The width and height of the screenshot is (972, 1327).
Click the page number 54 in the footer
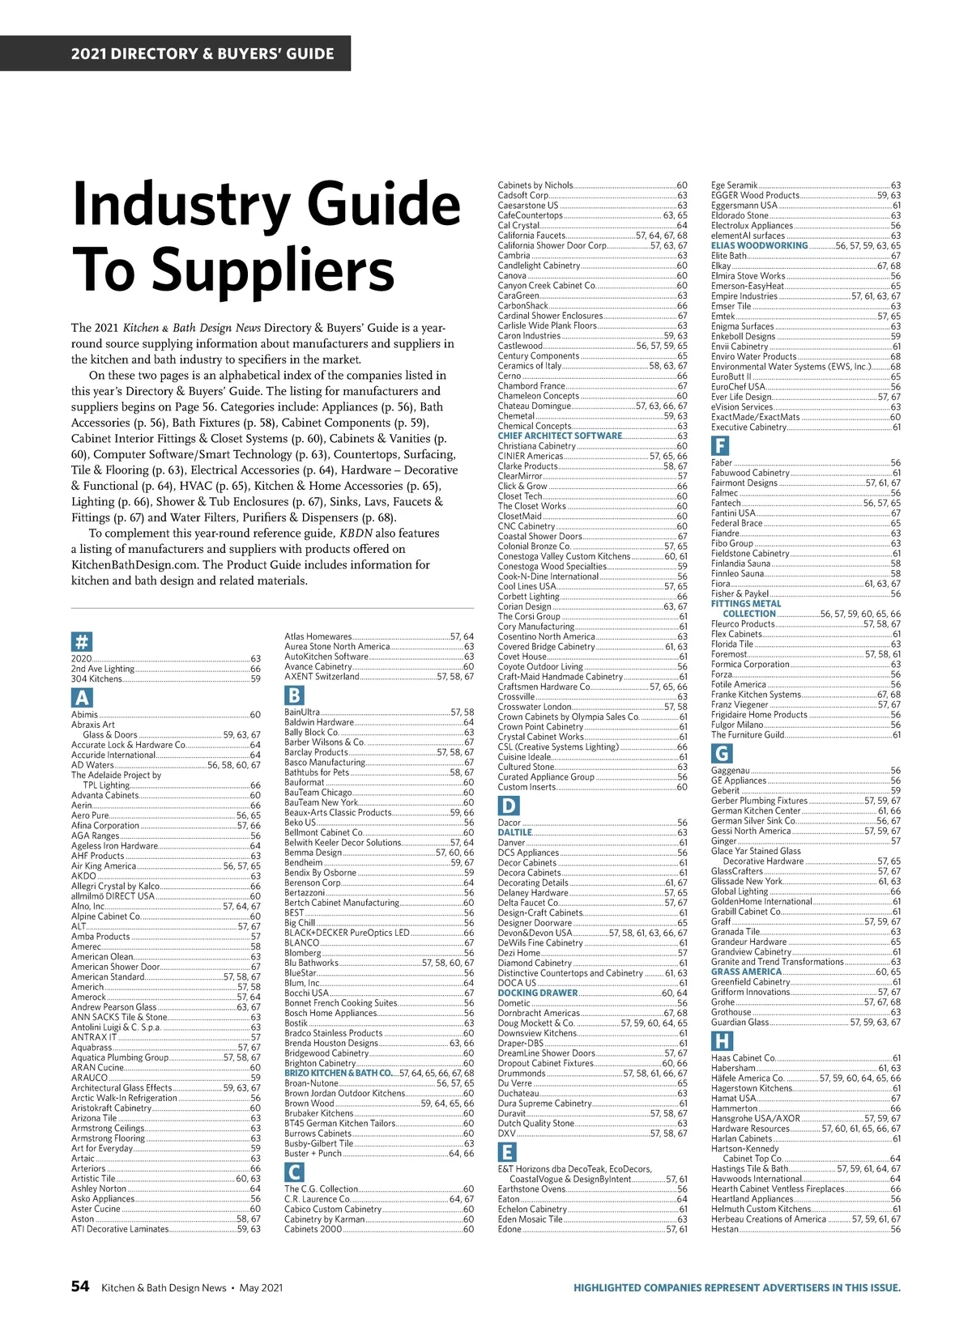click(79, 1287)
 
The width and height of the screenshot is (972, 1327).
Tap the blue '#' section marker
click(82, 643)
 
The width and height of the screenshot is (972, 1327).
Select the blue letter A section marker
click(82, 698)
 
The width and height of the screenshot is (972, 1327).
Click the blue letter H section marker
click(721, 1041)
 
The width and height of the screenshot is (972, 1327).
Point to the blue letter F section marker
click(720, 445)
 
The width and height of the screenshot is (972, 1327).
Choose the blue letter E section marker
click(507, 1153)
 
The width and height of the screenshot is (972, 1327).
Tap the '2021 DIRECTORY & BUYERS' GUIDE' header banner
click(202, 54)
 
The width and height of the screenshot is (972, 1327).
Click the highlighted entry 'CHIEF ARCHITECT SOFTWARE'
click(560, 436)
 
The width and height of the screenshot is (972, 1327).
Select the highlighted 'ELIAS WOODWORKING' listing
click(759, 245)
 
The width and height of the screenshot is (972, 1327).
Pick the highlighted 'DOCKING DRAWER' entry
click(537, 993)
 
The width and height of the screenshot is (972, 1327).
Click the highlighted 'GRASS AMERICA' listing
click(746, 972)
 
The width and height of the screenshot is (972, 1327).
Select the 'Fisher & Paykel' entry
click(740, 593)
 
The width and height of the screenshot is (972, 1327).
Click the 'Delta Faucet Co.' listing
click(528, 902)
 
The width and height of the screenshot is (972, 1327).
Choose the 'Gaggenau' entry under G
click(730, 771)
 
